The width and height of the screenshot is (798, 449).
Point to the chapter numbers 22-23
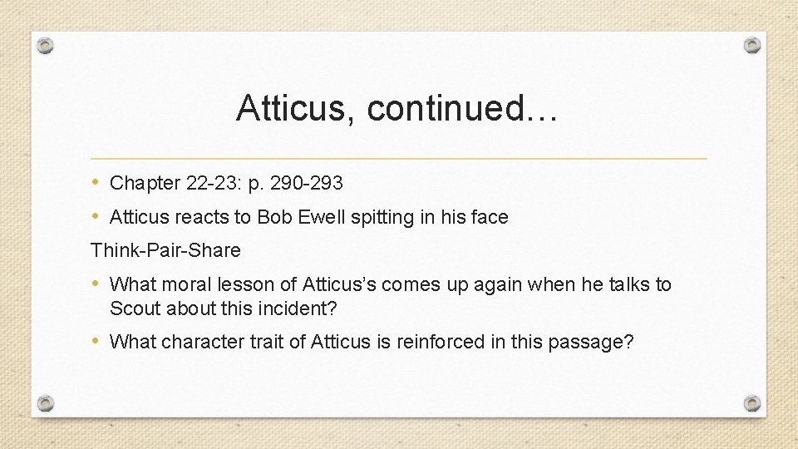(x=209, y=183)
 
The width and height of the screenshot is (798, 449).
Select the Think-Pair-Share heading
(x=165, y=250)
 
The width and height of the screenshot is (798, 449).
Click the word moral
(x=188, y=284)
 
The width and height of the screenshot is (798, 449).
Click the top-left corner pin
(x=46, y=45)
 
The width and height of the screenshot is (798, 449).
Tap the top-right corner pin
(x=751, y=45)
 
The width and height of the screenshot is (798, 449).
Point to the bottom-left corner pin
(x=46, y=403)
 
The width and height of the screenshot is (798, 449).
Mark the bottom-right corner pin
(x=751, y=403)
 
